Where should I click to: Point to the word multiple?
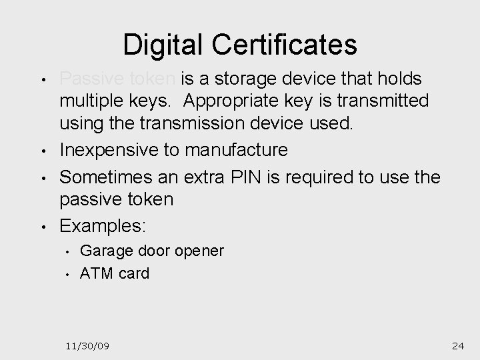click(95, 102)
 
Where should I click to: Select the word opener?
click(199, 251)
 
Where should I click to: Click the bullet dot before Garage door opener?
click(68, 252)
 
